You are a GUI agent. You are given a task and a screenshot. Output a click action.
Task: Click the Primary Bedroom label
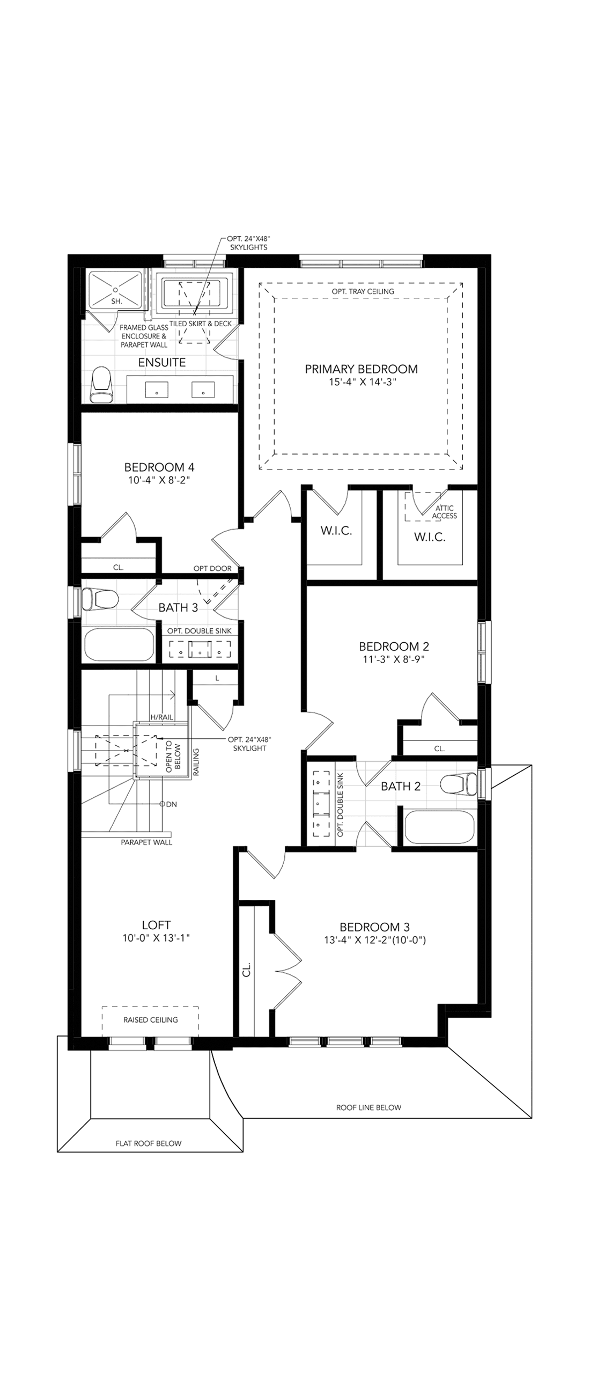361,369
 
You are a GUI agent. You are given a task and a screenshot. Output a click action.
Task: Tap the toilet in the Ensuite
101,385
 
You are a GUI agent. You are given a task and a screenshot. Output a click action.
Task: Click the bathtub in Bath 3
120,644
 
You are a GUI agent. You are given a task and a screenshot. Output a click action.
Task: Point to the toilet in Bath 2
459,784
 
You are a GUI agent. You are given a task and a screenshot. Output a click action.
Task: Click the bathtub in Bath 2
439,827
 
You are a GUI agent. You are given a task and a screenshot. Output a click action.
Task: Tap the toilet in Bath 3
101,599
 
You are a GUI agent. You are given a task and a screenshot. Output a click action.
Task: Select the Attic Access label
445,512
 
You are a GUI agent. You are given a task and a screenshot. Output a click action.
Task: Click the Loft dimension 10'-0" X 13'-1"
156,938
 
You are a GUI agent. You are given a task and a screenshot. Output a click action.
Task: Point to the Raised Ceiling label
151,1020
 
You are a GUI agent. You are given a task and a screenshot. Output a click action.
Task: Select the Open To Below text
173,756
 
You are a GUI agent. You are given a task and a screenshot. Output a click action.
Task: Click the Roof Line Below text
368,1107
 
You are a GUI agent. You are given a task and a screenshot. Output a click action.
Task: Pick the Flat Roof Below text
149,1143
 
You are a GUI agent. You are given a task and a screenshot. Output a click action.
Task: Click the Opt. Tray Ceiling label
363,291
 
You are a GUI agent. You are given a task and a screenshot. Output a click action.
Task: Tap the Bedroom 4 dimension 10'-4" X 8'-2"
159,480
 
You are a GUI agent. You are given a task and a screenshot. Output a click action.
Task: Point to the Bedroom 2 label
394,646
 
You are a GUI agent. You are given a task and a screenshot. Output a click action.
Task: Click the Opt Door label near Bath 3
212,568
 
